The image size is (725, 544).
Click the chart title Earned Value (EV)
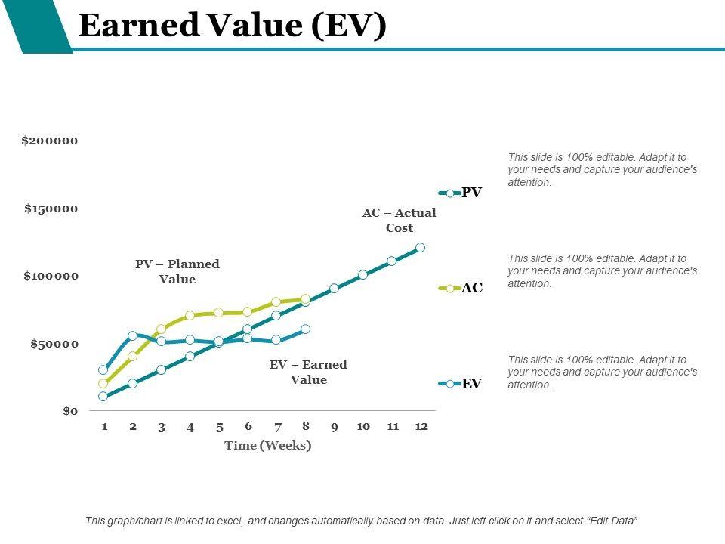pyautogui.click(x=232, y=26)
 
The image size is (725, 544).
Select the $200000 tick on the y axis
pyautogui.click(x=50, y=141)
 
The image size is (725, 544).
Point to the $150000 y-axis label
pyautogui.click(x=51, y=209)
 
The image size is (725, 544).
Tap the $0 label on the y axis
pyautogui.click(x=69, y=411)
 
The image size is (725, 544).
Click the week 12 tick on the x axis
pyautogui.click(x=421, y=426)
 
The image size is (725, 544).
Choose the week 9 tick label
pyautogui.click(x=334, y=427)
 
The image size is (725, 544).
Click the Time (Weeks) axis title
pyautogui.click(x=268, y=445)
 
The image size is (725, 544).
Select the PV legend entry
pyautogui.click(x=461, y=193)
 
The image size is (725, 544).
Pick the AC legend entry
pyautogui.click(x=461, y=288)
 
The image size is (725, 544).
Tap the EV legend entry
pyautogui.click(x=461, y=384)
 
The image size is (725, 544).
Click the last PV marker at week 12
pyautogui.click(x=421, y=247)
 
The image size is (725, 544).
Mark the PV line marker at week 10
pyautogui.click(x=362, y=274)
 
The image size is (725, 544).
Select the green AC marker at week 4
pyautogui.click(x=190, y=315)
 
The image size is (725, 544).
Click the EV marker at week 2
pyautogui.click(x=133, y=335)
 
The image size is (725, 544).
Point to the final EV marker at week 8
pyautogui.click(x=305, y=329)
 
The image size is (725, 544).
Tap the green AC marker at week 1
pyautogui.click(x=103, y=383)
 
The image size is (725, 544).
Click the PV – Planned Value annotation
pyautogui.click(x=177, y=271)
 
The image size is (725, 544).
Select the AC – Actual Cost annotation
pyautogui.click(x=400, y=221)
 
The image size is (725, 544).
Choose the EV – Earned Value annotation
pyautogui.click(x=308, y=372)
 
